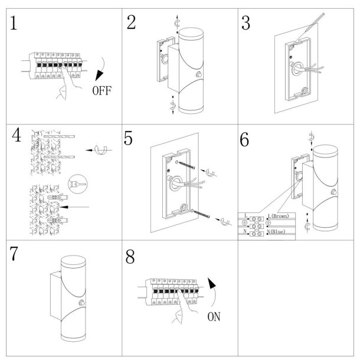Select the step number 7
(17, 256)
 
